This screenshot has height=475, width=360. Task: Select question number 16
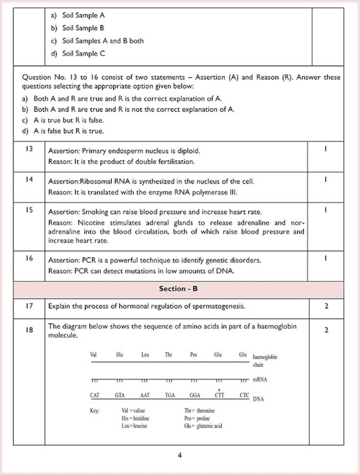pos(29,258)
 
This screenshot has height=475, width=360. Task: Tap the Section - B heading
pos(178,289)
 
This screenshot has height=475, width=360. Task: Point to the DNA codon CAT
pos(95,395)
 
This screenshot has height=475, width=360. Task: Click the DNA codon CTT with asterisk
pos(220,395)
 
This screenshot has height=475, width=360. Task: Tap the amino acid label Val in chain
pos(94,355)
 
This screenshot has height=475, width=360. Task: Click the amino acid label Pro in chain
pos(194,355)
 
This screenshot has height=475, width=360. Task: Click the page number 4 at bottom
pos(179,455)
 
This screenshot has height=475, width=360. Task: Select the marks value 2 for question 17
pos(326,306)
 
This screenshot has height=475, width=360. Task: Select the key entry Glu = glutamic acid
pos(203,426)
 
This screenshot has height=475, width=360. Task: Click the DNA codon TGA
pos(170,395)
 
